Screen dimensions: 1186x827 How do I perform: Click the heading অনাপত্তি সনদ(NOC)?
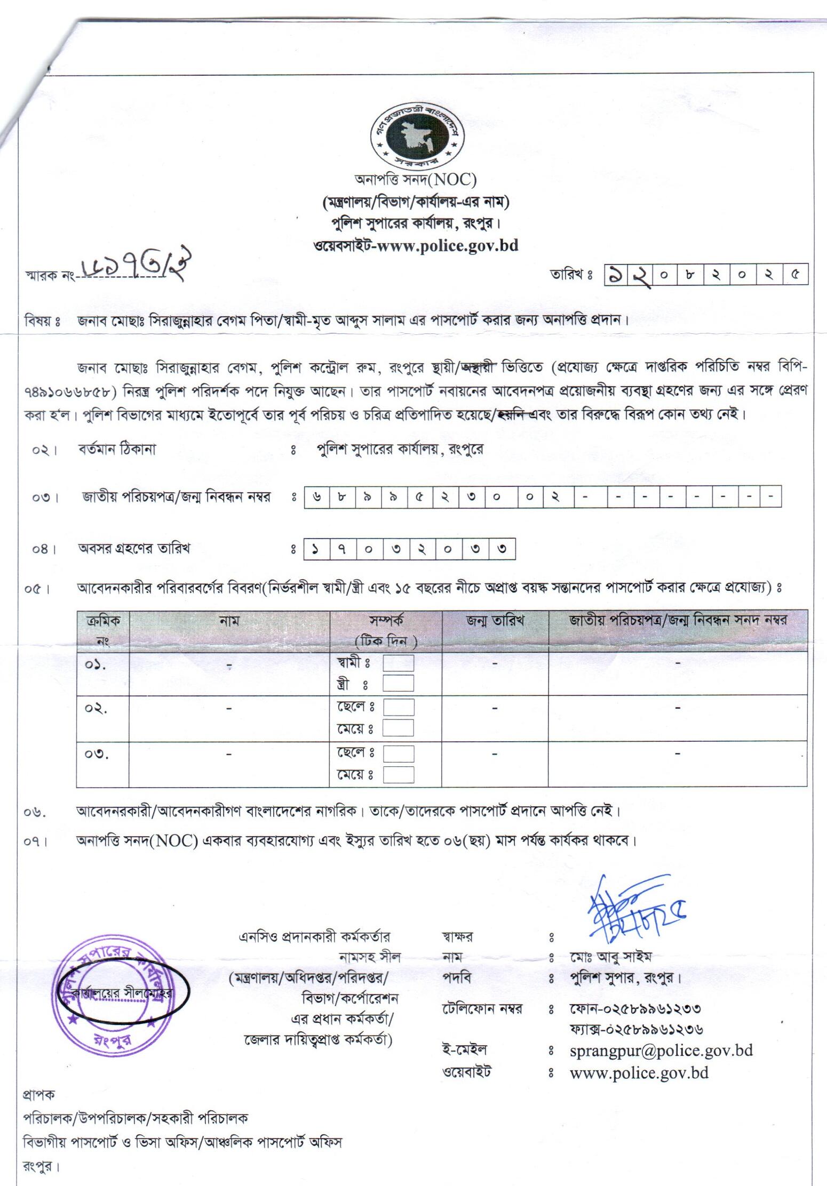415,180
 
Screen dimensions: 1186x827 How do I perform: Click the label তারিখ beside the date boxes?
571,276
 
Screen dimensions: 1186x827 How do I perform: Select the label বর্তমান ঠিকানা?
117,450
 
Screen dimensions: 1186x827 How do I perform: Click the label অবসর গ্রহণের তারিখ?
134,549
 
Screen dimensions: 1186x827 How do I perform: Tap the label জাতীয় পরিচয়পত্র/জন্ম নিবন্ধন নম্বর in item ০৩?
176,498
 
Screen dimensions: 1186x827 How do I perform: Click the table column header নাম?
229,621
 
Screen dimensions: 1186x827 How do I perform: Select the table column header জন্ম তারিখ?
495,621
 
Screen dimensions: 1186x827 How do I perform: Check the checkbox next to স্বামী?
398,663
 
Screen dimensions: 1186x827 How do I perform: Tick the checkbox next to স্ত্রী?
398,684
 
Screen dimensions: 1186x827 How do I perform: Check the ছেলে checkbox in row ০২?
398,708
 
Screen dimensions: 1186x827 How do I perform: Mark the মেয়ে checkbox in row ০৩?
398,774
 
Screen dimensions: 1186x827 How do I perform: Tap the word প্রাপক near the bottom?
38,1095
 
